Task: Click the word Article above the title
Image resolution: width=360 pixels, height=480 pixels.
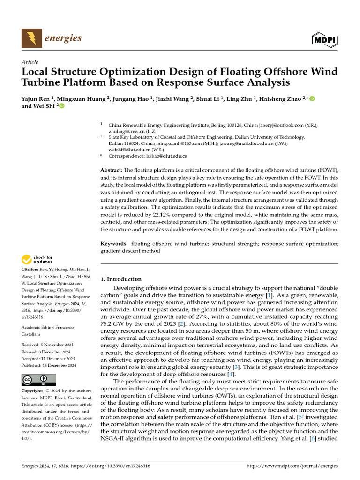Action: point(30,62)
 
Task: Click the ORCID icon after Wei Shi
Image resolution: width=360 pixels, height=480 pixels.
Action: point(61,106)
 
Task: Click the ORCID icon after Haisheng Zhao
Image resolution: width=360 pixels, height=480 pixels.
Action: point(312,98)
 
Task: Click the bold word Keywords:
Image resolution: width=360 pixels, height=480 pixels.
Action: point(114,244)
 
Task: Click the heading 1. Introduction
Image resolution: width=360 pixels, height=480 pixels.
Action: point(121,279)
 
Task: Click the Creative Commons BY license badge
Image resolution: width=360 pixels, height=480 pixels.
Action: point(38,380)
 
